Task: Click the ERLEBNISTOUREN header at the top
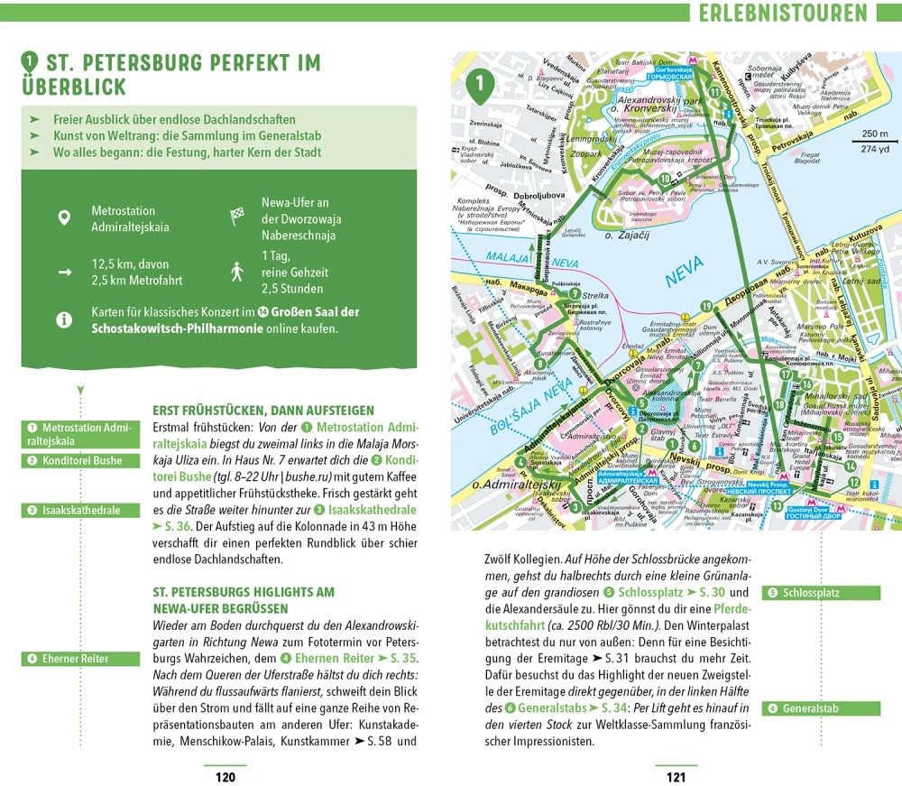tap(782, 13)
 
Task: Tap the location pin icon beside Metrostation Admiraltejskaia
tap(63, 217)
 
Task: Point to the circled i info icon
tap(63, 319)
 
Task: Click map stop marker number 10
tap(664, 180)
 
